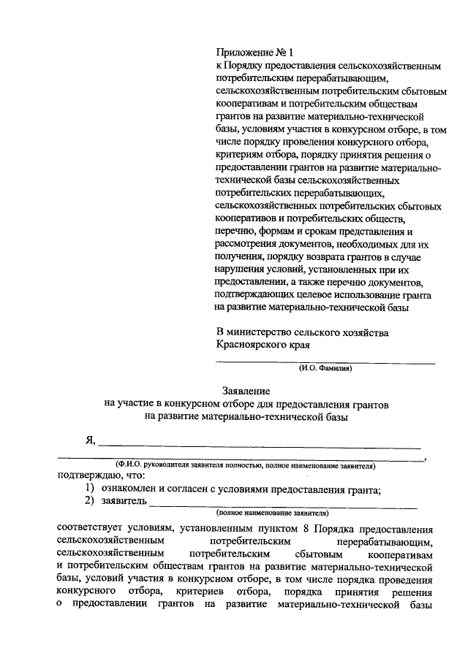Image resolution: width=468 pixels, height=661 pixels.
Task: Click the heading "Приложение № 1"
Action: click(254, 53)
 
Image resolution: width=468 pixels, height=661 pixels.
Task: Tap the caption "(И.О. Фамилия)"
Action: click(325, 370)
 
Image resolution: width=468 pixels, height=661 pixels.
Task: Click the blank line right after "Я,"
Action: click(260, 444)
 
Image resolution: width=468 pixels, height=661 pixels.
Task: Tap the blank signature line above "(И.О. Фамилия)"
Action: click(325, 362)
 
